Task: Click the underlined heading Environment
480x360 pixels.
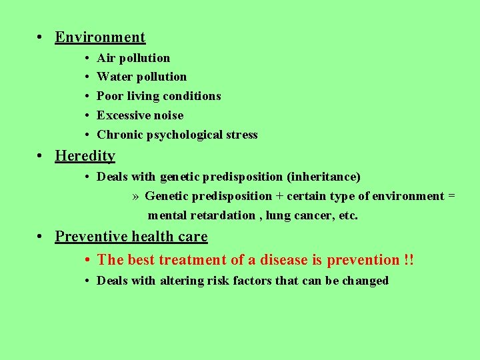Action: point(100,37)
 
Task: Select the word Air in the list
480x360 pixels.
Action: point(105,58)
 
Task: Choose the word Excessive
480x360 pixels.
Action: point(121,115)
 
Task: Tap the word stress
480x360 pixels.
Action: point(241,135)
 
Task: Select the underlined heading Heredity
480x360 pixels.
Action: point(85,156)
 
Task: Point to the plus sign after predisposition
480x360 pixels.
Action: point(279,196)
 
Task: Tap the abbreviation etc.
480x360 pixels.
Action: point(348,215)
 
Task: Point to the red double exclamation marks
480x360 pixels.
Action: point(408,259)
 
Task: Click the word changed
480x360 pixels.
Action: point(365,281)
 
